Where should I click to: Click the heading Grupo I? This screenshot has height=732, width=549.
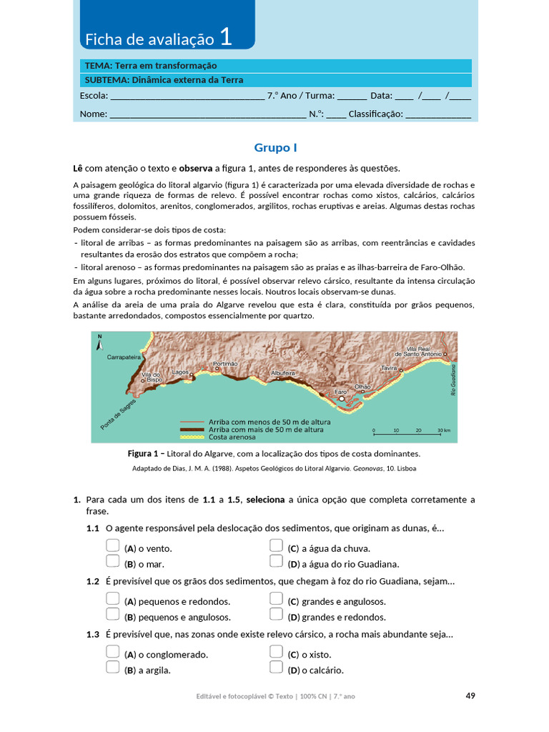[x=275, y=148]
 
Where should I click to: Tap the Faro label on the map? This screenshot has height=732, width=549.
[x=340, y=392]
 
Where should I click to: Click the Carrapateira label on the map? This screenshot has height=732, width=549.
[x=123, y=356]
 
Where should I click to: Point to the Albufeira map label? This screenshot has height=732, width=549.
[x=283, y=373]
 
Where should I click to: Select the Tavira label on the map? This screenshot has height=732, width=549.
[x=389, y=367]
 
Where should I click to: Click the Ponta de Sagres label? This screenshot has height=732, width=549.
[x=118, y=414]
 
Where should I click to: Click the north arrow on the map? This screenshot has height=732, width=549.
[x=99, y=344]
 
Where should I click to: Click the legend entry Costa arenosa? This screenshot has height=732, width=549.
[x=232, y=437]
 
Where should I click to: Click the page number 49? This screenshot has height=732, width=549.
[x=470, y=696]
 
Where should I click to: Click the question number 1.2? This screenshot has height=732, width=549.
[x=92, y=581]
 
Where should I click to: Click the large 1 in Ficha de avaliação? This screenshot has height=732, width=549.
[x=226, y=37]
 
